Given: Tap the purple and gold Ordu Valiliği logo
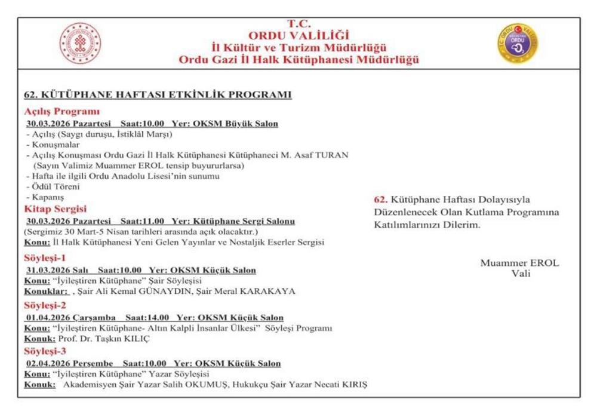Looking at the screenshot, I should (x=518, y=44).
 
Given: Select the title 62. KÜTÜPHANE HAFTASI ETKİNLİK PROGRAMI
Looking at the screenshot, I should (x=158, y=95).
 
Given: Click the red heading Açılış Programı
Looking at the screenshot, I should (x=61, y=111).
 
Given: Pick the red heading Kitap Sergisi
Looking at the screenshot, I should (x=56, y=209).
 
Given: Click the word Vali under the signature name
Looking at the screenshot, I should (x=521, y=274).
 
